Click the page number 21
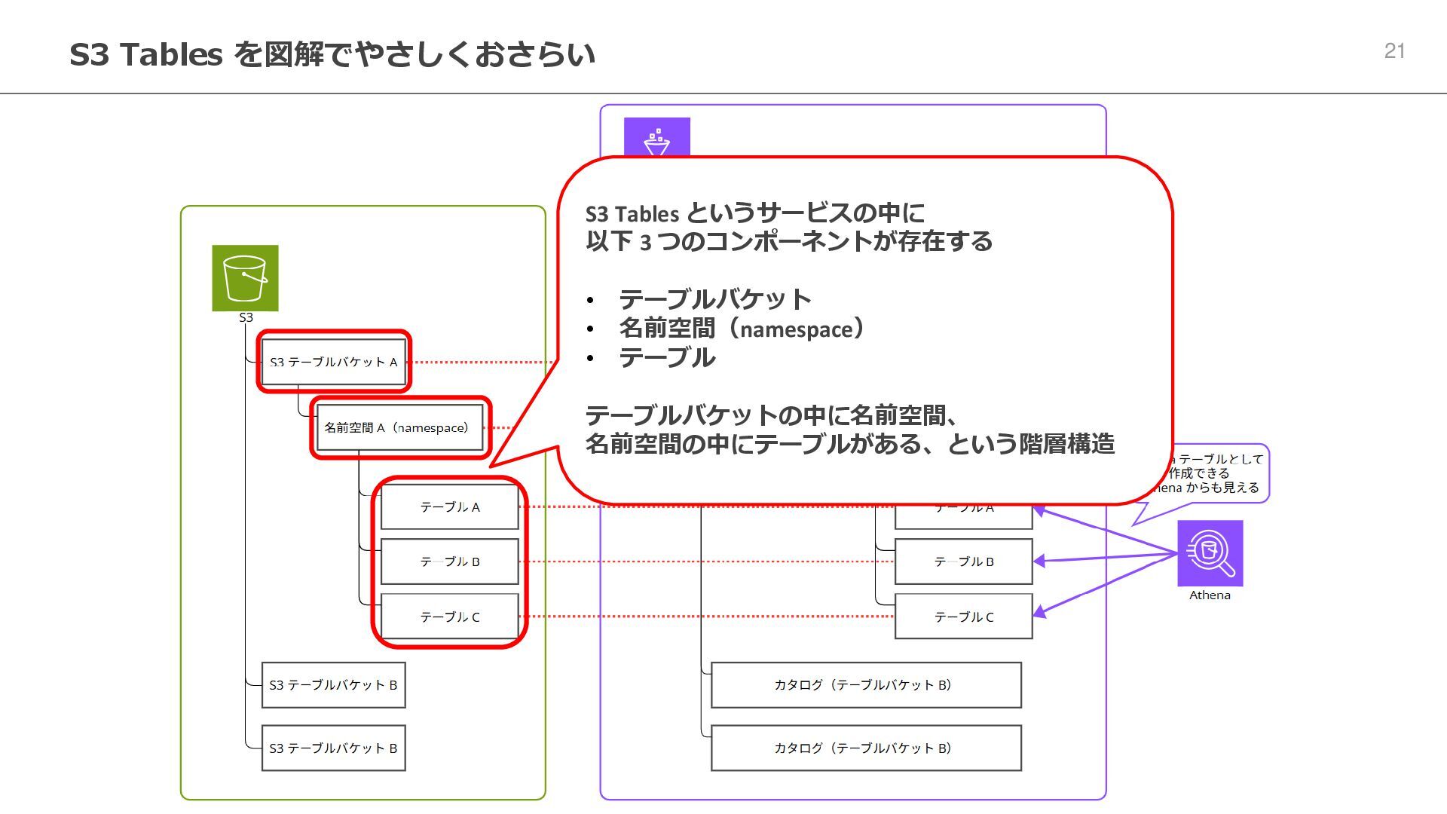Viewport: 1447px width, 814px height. [1394, 51]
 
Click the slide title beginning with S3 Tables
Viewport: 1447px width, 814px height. [332, 54]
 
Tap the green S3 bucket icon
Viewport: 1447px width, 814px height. [245, 277]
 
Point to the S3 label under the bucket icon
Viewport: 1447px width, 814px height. [246, 318]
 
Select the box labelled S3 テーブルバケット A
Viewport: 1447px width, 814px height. [333, 362]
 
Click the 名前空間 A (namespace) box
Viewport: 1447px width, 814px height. [399, 428]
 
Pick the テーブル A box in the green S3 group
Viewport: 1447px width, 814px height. [449, 507]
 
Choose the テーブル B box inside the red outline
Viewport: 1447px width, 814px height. [449, 562]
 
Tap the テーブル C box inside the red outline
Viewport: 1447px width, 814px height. [449, 617]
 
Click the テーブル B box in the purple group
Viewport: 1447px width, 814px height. [963, 562]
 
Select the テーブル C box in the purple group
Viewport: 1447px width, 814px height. [963, 617]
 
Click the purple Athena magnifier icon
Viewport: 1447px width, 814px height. [1210, 553]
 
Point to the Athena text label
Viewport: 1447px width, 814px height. [1210, 595]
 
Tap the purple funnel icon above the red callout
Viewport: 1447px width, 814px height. [656, 138]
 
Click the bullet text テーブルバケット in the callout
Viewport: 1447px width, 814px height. [714, 299]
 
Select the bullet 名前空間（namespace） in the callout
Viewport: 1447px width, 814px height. [742, 329]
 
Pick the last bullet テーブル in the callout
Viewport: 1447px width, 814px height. [667, 357]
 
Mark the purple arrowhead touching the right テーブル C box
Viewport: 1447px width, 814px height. [1040, 612]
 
